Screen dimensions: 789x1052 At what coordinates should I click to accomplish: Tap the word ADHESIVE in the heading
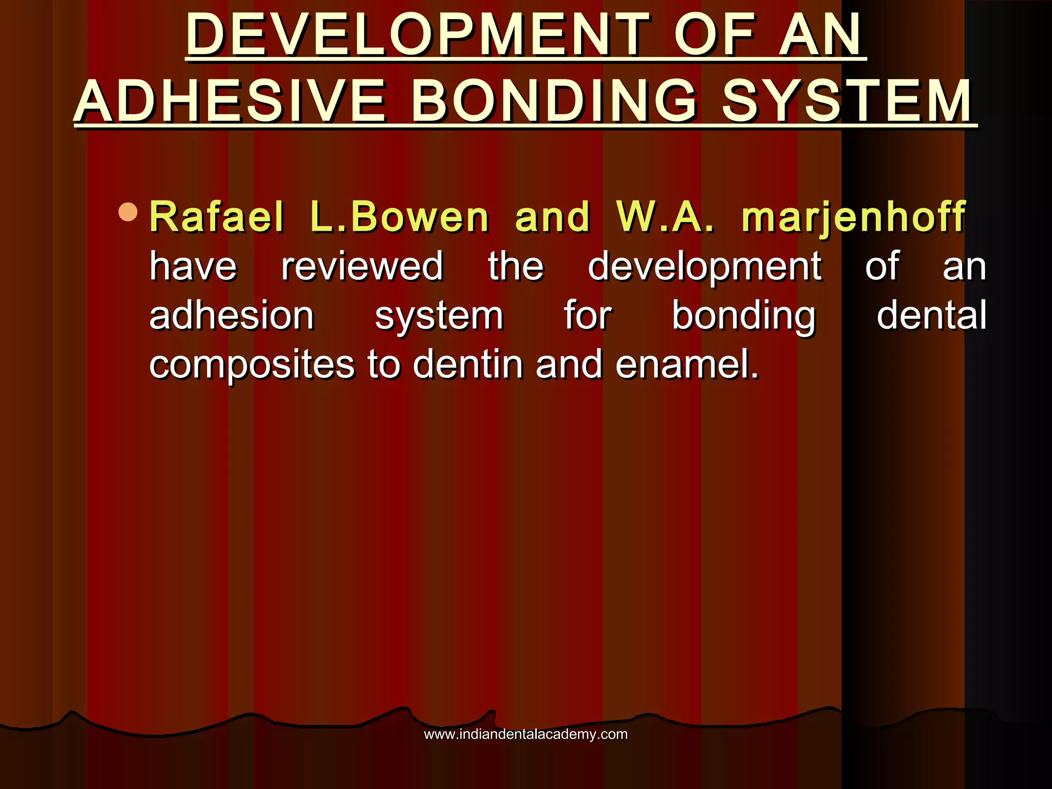click(x=230, y=101)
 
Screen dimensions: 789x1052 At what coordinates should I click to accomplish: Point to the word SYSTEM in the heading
click(x=847, y=101)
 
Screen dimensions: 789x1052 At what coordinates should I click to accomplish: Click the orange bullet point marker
click(x=128, y=212)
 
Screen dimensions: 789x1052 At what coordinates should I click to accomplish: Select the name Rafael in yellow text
click(x=216, y=217)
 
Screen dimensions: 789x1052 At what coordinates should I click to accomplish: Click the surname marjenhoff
click(x=853, y=217)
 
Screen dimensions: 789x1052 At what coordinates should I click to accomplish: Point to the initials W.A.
click(x=665, y=217)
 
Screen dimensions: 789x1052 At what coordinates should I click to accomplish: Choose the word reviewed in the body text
click(x=362, y=267)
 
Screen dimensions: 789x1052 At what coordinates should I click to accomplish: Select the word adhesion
click(x=231, y=315)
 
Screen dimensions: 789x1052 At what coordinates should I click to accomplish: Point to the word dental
click(x=931, y=315)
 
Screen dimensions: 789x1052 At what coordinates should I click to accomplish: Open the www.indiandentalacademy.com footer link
click(x=525, y=734)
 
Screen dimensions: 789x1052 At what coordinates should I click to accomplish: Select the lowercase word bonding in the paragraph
click(x=743, y=316)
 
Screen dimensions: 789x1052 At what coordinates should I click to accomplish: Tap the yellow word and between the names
click(x=552, y=217)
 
